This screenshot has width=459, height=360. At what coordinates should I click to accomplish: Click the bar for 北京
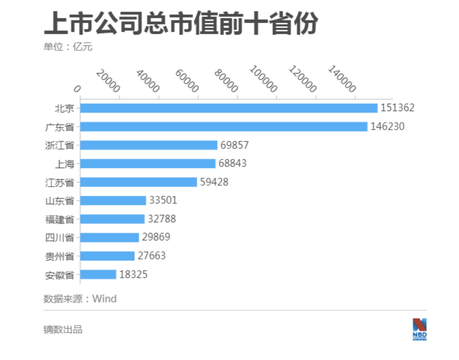(x=229, y=108)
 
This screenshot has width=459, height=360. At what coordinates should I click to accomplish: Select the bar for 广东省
(x=224, y=126)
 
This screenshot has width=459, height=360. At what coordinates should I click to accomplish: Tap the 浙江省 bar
(x=149, y=145)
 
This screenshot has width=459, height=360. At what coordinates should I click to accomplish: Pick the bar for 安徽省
(x=98, y=274)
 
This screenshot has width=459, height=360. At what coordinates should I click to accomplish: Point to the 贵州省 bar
(x=107, y=256)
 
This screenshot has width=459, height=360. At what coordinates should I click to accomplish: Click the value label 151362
(x=397, y=108)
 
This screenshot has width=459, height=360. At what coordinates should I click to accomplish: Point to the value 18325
(x=133, y=274)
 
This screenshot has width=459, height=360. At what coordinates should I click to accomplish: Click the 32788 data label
(x=162, y=219)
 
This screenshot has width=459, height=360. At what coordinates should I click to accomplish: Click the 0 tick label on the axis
(x=77, y=89)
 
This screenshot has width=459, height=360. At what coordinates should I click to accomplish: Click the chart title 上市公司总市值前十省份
(x=181, y=24)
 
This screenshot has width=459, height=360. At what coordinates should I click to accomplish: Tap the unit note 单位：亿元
(x=68, y=47)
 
